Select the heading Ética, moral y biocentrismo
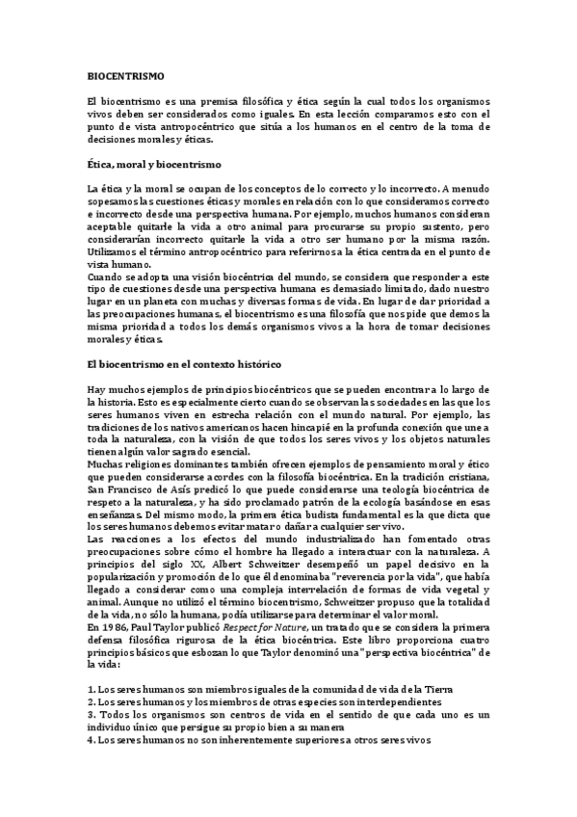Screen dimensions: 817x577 [154, 166]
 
